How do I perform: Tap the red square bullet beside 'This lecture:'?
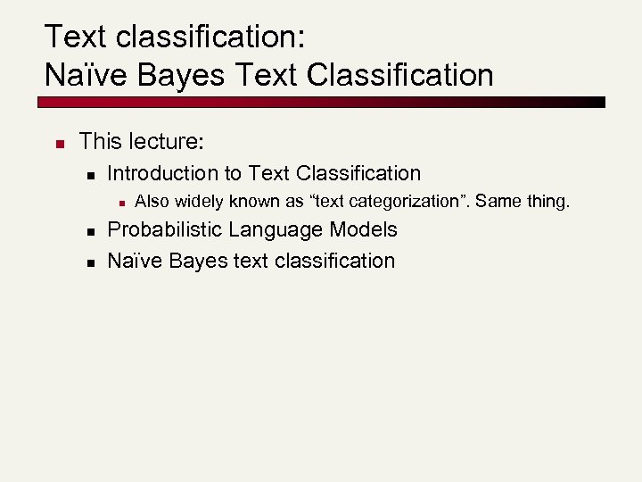(55, 143)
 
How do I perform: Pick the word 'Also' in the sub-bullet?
(150, 202)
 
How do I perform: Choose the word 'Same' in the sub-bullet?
(497, 202)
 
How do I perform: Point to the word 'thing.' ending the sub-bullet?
(547, 202)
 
